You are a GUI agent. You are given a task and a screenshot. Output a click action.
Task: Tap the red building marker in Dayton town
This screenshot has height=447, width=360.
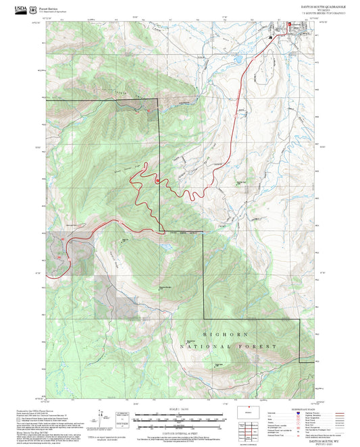(288, 26)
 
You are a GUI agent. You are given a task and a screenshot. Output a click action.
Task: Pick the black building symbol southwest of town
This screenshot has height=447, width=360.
(270, 38)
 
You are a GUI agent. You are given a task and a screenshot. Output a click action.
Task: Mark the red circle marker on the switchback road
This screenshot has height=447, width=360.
(157, 180)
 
